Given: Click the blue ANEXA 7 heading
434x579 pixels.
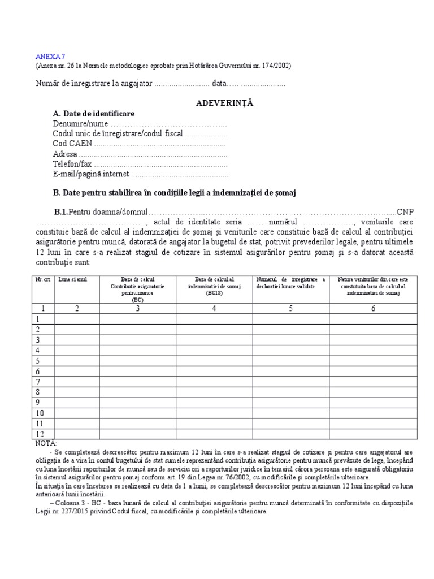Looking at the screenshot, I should [x=51, y=56].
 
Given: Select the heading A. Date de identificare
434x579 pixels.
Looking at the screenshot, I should [x=94, y=114].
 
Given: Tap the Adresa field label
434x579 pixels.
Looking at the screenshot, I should [x=65, y=154].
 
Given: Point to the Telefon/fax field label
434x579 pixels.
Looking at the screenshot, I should [x=72, y=164].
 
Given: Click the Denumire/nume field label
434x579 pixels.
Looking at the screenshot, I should [x=80, y=123].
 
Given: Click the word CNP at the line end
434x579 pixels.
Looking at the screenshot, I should [x=405, y=211].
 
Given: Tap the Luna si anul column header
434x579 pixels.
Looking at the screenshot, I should [x=72, y=280].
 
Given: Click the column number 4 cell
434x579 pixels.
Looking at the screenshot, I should [x=214, y=309].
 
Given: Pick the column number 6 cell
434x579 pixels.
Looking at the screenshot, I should [x=372, y=309].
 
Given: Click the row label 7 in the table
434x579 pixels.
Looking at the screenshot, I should [x=38, y=382].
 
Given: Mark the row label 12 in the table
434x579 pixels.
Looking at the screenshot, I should [x=40, y=434].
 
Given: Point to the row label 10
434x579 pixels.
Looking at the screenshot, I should [x=40, y=413].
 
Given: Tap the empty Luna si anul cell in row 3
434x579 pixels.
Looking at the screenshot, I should [x=77, y=340].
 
